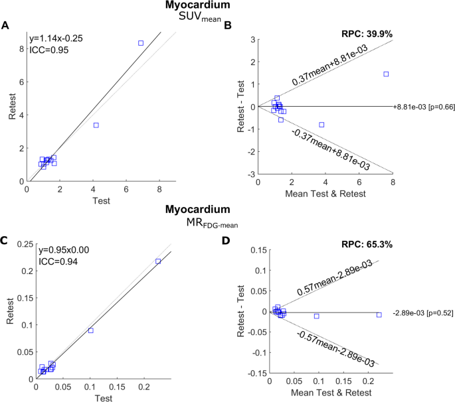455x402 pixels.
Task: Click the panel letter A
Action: coord(5,26)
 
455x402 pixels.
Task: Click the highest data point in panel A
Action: coord(140,43)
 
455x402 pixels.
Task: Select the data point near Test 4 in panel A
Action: coord(96,125)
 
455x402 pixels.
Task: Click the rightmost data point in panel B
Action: coord(385,74)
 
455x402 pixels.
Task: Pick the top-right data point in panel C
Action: coord(157,261)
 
